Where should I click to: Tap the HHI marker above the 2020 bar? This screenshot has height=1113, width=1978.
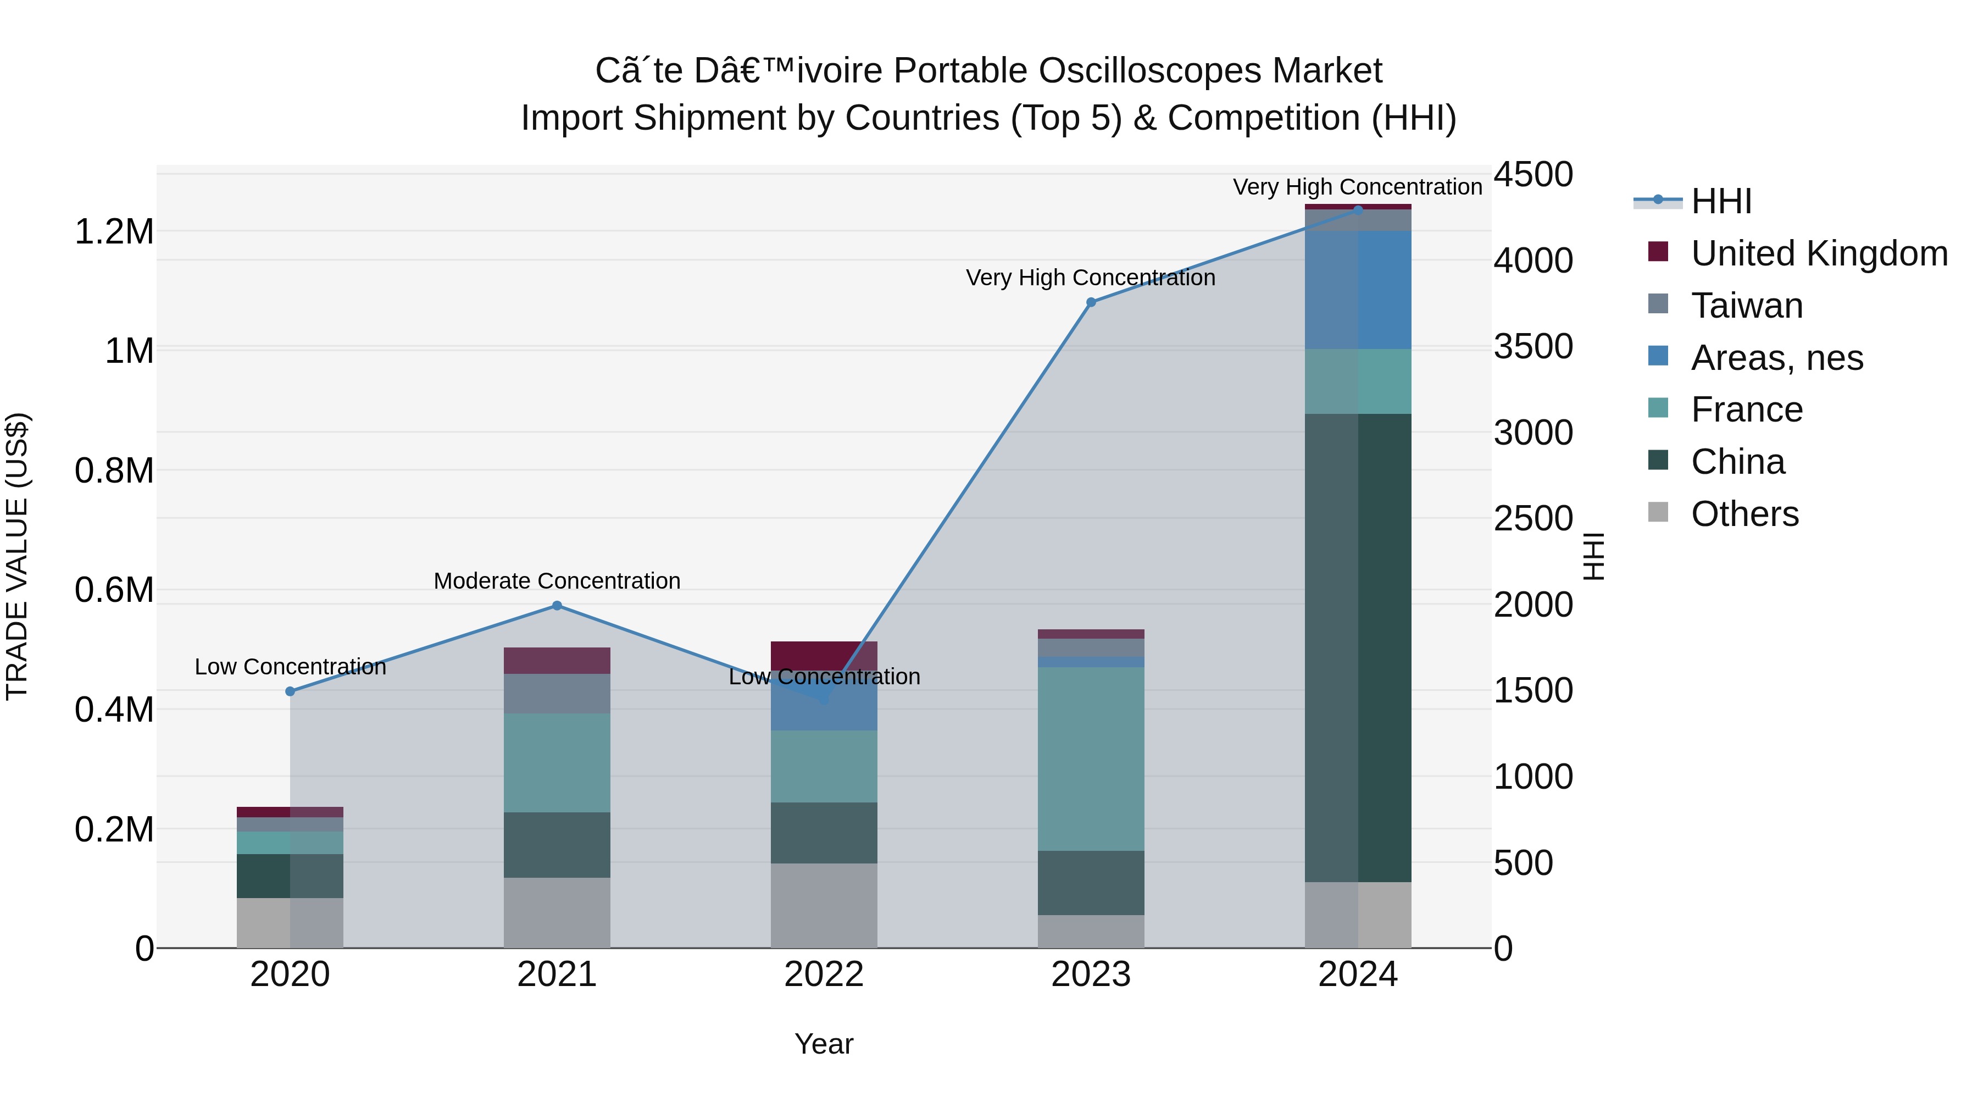click(x=290, y=692)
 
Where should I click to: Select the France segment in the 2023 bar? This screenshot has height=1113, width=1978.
click(x=1091, y=759)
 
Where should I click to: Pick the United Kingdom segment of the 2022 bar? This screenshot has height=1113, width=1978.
click(x=824, y=656)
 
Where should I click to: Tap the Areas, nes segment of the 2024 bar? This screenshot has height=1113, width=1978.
click(x=1358, y=290)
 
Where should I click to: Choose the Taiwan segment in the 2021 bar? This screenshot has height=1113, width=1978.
click(x=558, y=694)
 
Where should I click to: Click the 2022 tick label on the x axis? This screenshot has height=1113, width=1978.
click(x=824, y=974)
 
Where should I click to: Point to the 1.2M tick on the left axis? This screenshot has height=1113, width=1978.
click(x=114, y=231)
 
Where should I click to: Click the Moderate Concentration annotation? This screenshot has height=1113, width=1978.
click(x=558, y=581)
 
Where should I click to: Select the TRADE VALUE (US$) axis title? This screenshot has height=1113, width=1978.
click(x=17, y=556)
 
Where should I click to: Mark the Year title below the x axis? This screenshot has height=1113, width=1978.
click(x=824, y=1044)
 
